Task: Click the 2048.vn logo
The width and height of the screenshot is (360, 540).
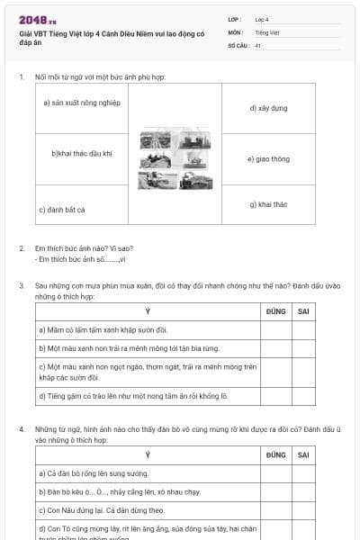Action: pos(37,20)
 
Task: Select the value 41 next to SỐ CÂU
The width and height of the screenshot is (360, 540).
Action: pos(258,45)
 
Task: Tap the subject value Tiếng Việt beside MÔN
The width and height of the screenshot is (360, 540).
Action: pos(265,31)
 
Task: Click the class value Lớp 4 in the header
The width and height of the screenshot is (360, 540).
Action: pos(262,19)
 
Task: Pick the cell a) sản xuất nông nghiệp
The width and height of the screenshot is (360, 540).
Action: pos(81,103)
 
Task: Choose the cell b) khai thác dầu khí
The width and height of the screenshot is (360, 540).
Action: pos(82,154)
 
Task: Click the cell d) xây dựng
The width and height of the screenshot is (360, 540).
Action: pos(268,108)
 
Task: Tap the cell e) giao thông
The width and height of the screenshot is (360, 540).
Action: pos(268,159)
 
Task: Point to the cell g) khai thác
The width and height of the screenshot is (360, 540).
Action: pos(268,204)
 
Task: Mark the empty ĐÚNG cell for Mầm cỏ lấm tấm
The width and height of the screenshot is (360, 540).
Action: pos(275,329)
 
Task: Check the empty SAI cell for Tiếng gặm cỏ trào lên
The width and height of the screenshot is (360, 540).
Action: pos(304,395)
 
